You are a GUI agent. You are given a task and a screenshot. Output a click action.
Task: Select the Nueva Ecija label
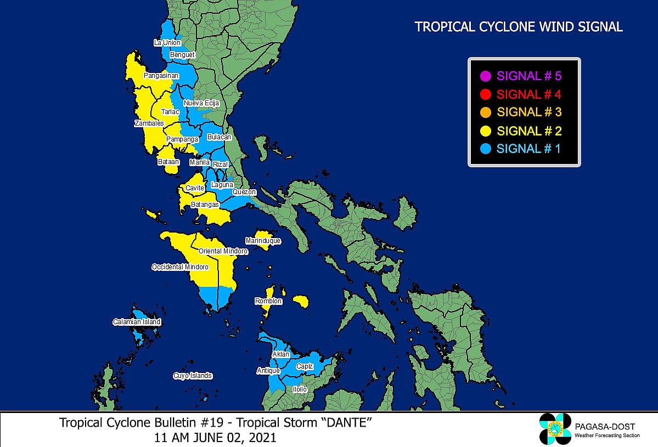point(201,103)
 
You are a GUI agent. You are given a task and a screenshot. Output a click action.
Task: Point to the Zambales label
point(149,123)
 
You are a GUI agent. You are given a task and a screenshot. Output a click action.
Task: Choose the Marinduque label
point(263,241)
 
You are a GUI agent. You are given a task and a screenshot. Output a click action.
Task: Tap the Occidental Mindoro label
point(180,267)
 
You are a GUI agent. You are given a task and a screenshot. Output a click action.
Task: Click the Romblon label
point(268,301)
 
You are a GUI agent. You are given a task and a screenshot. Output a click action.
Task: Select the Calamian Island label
point(137,322)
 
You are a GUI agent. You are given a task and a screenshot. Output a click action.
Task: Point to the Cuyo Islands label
point(192,376)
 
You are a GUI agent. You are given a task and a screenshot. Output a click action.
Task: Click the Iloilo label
point(300,389)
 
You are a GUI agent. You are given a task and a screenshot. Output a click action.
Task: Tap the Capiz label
point(305,366)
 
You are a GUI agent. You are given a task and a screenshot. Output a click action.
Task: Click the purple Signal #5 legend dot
point(485,76)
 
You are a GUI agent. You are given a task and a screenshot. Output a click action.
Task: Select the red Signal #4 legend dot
point(485,94)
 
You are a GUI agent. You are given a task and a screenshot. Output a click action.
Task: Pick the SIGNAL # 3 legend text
point(529,112)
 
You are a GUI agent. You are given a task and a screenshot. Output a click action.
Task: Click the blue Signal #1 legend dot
point(485,149)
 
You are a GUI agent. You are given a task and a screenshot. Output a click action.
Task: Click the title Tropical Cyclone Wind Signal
point(519,27)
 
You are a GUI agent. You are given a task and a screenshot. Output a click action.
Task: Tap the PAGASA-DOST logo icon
point(555,428)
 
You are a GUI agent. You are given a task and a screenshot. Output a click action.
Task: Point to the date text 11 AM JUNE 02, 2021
point(216,438)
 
